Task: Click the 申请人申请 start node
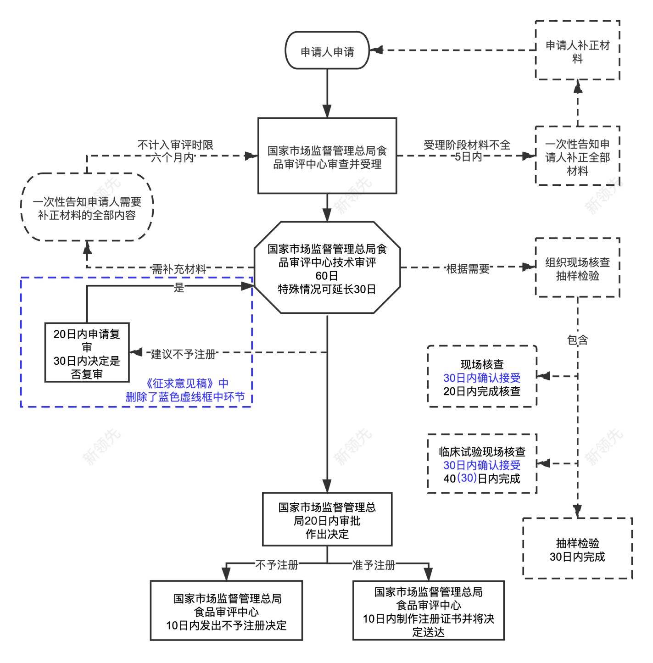pyautogui.click(x=327, y=51)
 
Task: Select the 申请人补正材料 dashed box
pyautogui.click(x=577, y=50)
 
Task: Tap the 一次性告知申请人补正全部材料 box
pyautogui.click(x=577, y=156)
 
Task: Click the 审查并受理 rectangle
pyautogui.click(x=327, y=156)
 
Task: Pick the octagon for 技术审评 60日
pyautogui.click(x=327, y=268)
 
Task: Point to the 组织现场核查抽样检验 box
pyautogui.click(x=577, y=268)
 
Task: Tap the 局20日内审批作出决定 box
pyautogui.click(x=327, y=520)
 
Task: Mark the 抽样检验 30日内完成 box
pyautogui.click(x=577, y=549)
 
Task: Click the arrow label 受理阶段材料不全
pyautogui.click(x=467, y=145)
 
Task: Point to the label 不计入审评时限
pyautogui.click(x=175, y=145)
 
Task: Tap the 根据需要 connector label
pyautogui.click(x=468, y=269)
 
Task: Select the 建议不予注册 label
pyautogui.click(x=183, y=354)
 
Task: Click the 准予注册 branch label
pyautogui.click(x=374, y=565)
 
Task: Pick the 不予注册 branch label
pyautogui.click(x=277, y=565)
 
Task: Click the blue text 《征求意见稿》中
pyautogui.click(x=186, y=383)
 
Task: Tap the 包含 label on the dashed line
pyautogui.click(x=577, y=340)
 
